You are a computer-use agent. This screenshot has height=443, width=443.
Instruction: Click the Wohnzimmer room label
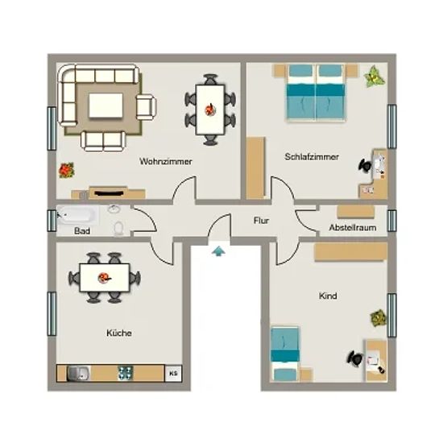pyautogui.click(x=166, y=162)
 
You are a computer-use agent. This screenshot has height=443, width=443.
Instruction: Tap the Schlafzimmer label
pyautogui.click(x=312, y=157)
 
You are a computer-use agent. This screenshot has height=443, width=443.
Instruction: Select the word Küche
pyautogui.click(x=119, y=333)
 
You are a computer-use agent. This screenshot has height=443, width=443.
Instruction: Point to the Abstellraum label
pyautogui.click(x=353, y=227)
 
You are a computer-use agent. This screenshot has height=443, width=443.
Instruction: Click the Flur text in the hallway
pyautogui.click(x=261, y=221)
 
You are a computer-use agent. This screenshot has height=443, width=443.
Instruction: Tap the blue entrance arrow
pyautogui.click(x=218, y=250)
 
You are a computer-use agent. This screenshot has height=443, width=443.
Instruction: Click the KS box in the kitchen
pyautogui.click(x=173, y=373)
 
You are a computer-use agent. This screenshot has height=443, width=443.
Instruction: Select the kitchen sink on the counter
pyautogui.click(x=79, y=373)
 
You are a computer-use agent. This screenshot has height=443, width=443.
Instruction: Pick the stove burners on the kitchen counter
pyautogui.click(x=126, y=373)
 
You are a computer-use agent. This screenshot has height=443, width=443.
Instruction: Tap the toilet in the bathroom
pyautogui.click(x=118, y=229)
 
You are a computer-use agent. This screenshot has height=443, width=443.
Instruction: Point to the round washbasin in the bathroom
pyautogui.click(x=114, y=209)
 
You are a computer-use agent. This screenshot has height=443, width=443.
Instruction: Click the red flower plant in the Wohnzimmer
pyautogui.click(x=66, y=170)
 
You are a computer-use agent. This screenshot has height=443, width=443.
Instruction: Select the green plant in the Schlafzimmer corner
pyautogui.click(x=375, y=77)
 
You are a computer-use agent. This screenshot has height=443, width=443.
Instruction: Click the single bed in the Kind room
pyautogui.click(x=285, y=354)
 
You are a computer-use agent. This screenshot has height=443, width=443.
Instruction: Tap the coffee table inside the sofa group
pyautogui.click(x=106, y=106)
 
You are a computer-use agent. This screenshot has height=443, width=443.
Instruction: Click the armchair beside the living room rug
pyautogui.click(x=146, y=107)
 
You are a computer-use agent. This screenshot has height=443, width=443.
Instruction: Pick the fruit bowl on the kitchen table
pyautogui.click(x=104, y=278)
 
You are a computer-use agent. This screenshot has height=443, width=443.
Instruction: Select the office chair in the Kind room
pyautogui.click(x=355, y=358)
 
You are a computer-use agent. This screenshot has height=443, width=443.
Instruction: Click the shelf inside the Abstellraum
pyautogui.click(x=356, y=212)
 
